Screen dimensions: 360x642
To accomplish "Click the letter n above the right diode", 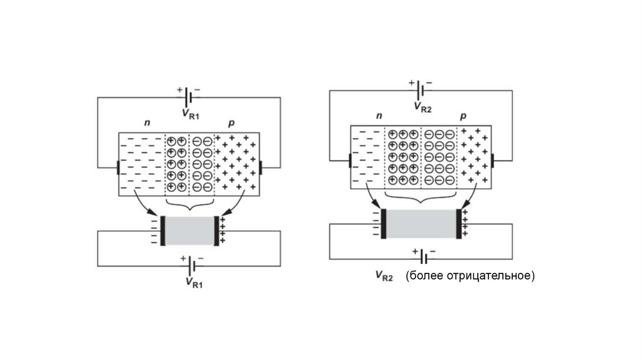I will [379, 116].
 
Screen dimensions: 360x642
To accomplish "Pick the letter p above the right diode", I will [463, 116].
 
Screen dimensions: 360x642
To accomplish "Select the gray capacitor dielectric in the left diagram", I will [189, 231].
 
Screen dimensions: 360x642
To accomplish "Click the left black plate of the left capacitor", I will [163, 231].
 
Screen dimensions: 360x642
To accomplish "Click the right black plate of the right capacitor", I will [458, 224].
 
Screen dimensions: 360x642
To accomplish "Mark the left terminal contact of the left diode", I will [118, 168].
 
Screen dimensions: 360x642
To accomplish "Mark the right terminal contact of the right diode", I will [493, 161].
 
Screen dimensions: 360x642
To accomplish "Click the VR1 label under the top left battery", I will [192, 114].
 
